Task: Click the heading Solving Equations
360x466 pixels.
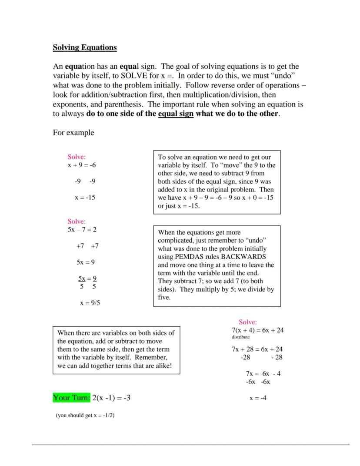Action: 85,47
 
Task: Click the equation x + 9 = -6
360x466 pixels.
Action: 82,165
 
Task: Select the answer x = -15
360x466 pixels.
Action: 85,197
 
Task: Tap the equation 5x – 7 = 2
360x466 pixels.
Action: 82,229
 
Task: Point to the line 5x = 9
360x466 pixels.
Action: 86,262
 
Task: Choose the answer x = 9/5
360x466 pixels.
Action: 90,303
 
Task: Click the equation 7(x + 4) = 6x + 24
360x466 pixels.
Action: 257,330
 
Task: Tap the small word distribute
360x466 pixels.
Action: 240,337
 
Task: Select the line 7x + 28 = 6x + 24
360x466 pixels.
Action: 257,349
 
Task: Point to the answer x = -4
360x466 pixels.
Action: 258,398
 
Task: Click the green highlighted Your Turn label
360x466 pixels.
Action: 72,398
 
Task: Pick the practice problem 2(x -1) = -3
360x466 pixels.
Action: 111,398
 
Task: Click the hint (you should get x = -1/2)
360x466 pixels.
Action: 85,416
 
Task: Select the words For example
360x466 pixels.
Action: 73,133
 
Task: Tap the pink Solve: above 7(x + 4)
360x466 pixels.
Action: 248,322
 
